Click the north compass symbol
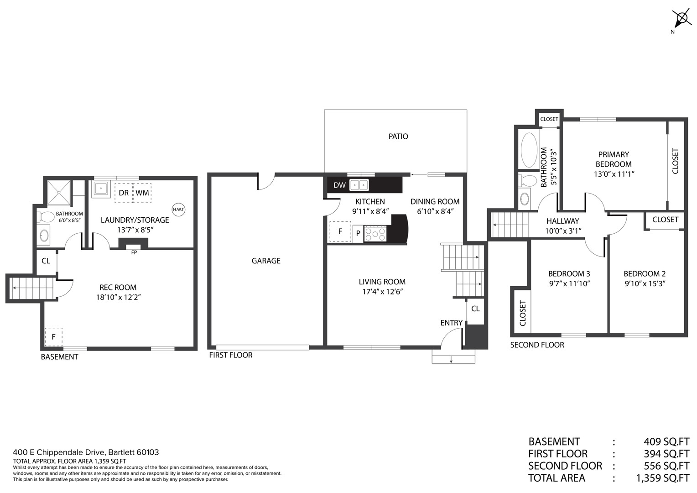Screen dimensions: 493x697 (x=681, y=19)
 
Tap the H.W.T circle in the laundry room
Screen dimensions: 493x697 (x=178, y=210)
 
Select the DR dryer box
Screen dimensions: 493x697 (x=123, y=193)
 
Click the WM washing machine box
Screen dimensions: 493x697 (x=142, y=193)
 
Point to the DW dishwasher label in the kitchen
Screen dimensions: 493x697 (x=339, y=185)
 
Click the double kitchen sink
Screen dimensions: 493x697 (x=359, y=185)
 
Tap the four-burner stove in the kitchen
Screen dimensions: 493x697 (x=375, y=234)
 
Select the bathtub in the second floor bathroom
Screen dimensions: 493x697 (x=529, y=150)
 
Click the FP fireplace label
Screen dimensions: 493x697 (x=134, y=252)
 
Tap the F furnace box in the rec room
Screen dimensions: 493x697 (x=53, y=337)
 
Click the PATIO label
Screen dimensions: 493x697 (x=398, y=136)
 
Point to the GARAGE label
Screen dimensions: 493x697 (x=266, y=261)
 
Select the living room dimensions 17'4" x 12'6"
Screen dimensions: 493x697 (x=382, y=292)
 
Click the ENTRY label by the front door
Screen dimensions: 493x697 (x=451, y=323)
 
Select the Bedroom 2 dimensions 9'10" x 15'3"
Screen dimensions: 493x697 (x=644, y=283)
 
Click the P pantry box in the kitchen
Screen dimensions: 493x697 (x=358, y=233)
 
